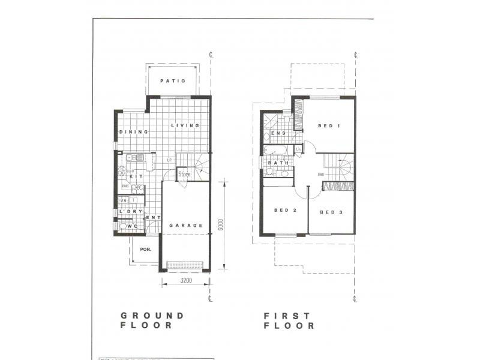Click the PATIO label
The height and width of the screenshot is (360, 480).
coord(173,81)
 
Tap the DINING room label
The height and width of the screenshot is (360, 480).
coord(129,132)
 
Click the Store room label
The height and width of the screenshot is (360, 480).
coord(184,175)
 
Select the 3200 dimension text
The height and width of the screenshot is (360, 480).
coord(185,280)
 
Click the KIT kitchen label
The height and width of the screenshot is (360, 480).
coord(136,177)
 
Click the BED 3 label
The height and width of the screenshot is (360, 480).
coord(331,212)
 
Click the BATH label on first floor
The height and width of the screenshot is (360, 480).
coord(279,163)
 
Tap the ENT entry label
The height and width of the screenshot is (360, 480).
coord(153,218)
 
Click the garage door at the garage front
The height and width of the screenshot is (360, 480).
coord(185,265)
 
